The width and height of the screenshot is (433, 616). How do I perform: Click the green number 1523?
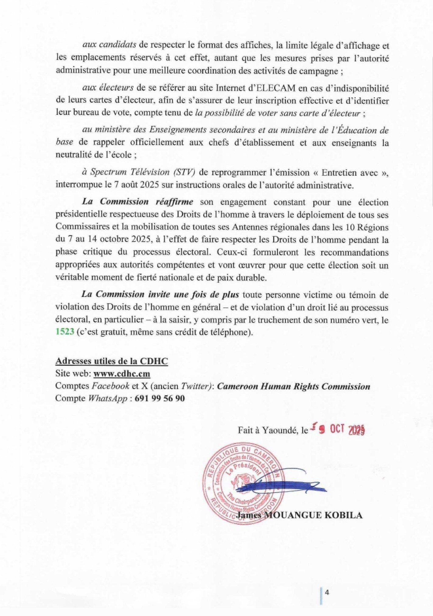[x=65, y=331]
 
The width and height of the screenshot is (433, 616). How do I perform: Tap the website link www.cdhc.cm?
[x=122, y=373]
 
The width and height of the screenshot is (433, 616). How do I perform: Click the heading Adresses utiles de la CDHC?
[x=112, y=361]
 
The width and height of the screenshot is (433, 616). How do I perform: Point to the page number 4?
[x=327, y=592]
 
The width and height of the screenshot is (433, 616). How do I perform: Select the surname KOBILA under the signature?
[x=344, y=515]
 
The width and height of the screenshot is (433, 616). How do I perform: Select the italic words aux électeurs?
[x=108, y=88]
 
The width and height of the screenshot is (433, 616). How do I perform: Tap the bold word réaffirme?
[x=174, y=201]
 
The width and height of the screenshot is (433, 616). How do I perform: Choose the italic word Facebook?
[x=111, y=386]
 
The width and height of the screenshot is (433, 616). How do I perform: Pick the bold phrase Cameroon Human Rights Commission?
[x=294, y=386]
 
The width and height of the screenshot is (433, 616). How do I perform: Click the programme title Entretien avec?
[x=350, y=173]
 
